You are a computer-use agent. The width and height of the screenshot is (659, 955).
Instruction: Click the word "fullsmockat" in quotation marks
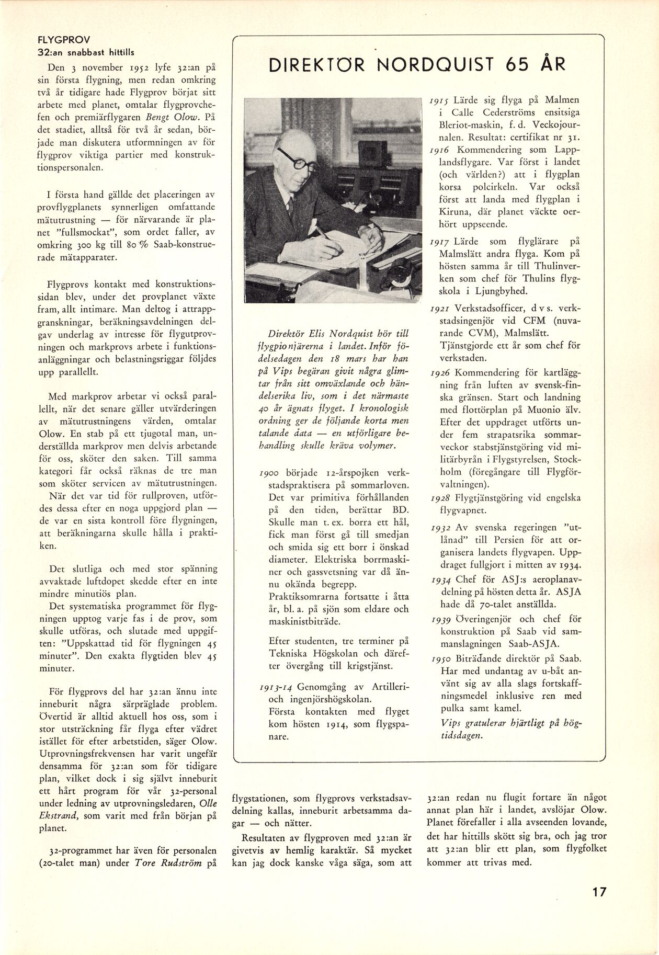[x=73, y=232]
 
